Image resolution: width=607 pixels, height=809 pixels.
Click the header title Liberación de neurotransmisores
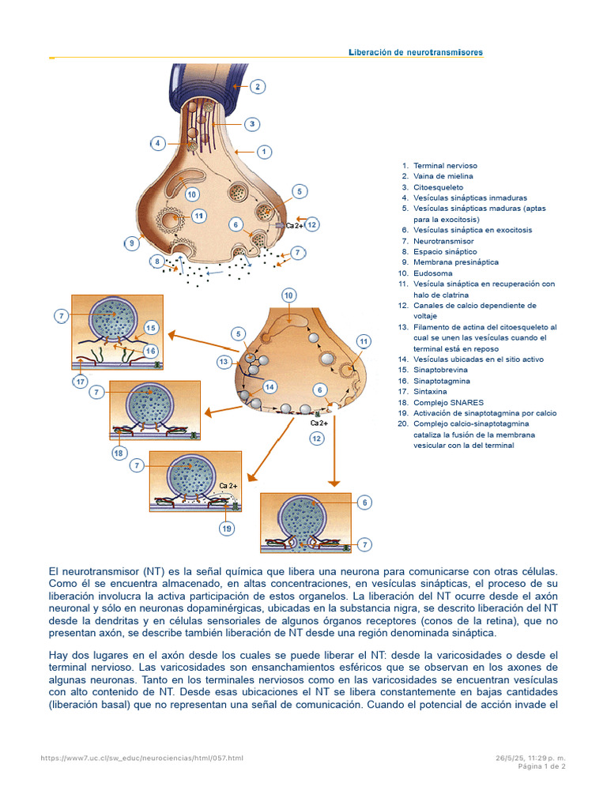pyautogui.click(x=416, y=52)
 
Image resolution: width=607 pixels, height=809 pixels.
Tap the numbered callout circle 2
pyautogui.click(x=257, y=87)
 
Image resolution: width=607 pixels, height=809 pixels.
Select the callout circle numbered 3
pyautogui.click(x=251, y=124)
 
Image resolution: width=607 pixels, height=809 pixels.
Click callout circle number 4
pyautogui.click(x=158, y=143)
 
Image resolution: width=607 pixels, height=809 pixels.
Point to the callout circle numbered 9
pyautogui.click(x=131, y=243)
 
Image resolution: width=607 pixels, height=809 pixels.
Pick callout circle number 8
pyautogui.click(x=157, y=262)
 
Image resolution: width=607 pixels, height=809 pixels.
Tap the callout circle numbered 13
pyautogui.click(x=224, y=362)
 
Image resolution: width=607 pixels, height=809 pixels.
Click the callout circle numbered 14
pyautogui.click(x=270, y=387)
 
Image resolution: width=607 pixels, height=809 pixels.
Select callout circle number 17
pyautogui.click(x=80, y=382)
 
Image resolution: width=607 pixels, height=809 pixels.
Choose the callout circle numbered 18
pyautogui.click(x=119, y=453)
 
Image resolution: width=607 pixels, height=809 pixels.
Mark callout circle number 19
pyautogui.click(x=227, y=528)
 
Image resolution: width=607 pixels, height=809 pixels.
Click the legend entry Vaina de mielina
pyautogui.click(x=445, y=176)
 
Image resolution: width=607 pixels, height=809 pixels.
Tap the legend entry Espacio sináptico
pyautogui.click(x=445, y=251)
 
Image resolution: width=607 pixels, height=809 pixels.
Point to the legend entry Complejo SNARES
pyautogui.click(x=448, y=402)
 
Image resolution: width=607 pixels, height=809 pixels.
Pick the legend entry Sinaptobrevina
pyautogui.click(x=440, y=370)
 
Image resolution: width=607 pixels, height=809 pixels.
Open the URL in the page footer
pyautogui.click(x=142, y=758)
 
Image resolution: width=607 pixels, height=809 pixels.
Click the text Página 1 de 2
pyautogui.click(x=541, y=766)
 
